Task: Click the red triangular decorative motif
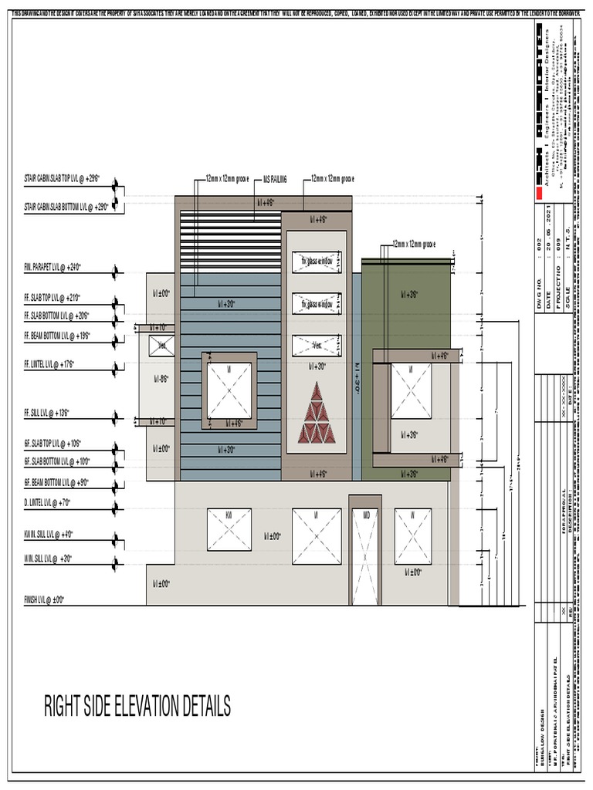317,414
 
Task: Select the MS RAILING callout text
275,178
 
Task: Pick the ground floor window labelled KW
229,530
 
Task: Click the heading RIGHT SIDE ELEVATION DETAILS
137,705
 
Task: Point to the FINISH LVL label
45,599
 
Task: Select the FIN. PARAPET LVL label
53,268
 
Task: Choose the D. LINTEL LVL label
48,502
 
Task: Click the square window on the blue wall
229,390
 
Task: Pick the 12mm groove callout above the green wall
413,244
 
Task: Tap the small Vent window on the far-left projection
162,346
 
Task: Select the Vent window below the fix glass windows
317,346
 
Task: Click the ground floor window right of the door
413,536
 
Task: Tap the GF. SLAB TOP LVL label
53,444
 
